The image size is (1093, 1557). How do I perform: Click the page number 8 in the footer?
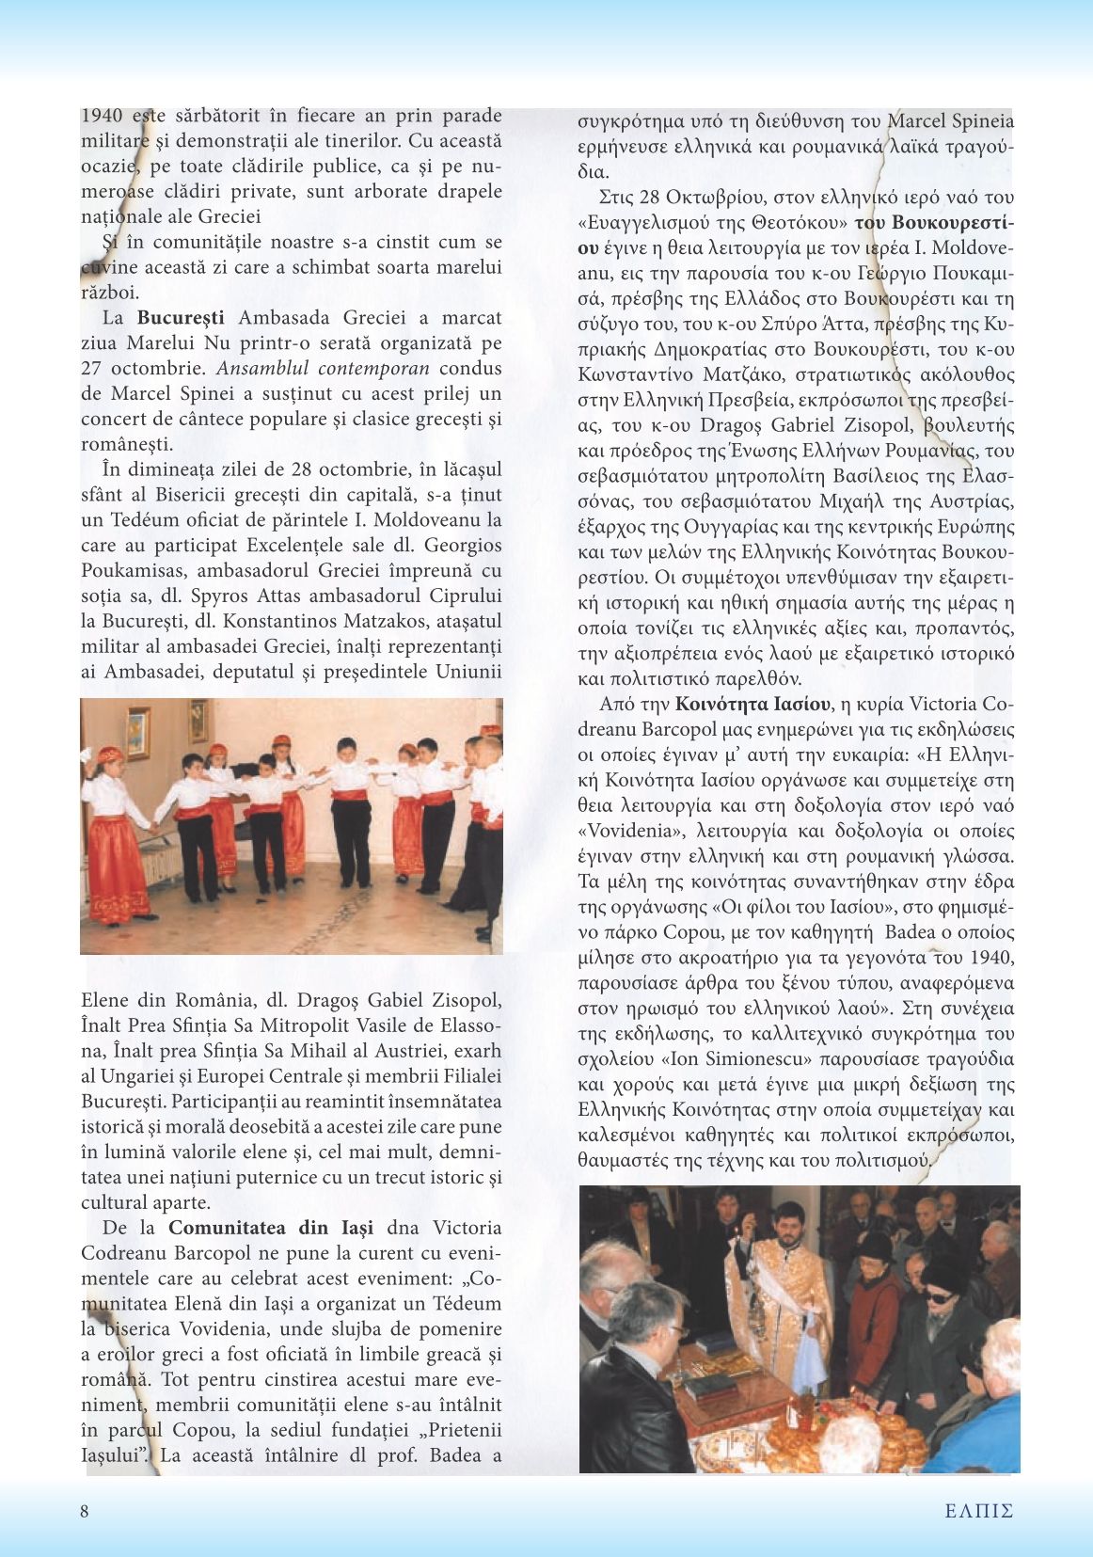point(85,1512)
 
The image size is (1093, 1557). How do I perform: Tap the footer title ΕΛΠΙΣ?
point(979,1512)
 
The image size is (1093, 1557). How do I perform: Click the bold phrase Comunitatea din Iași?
point(271,1228)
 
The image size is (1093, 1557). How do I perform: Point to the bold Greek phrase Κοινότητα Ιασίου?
point(752,704)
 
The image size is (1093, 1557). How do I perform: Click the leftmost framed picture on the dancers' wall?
point(138,732)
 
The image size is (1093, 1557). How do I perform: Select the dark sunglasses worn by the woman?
point(941,1295)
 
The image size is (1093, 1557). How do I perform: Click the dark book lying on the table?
point(711,1386)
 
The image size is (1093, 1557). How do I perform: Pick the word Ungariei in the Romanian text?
point(129,1076)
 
